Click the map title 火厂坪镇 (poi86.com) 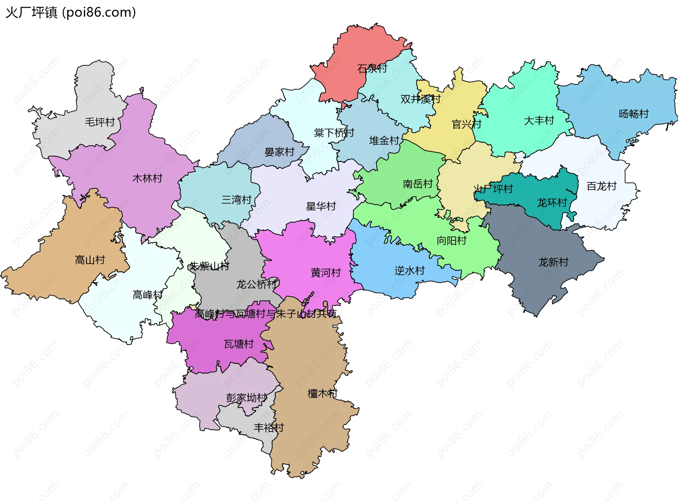71,12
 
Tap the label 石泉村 372,68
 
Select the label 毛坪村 100,122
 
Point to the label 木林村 147,178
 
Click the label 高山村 90,260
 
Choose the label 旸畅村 634,114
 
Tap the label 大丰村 539,121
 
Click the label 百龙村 601,186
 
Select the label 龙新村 553,262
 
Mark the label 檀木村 322,394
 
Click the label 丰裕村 269,428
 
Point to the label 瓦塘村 239,344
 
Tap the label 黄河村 326,273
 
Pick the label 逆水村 410,271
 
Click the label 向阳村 452,241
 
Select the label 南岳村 418,184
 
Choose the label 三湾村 236,200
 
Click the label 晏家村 279,152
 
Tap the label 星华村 321,207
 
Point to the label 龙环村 552,203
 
